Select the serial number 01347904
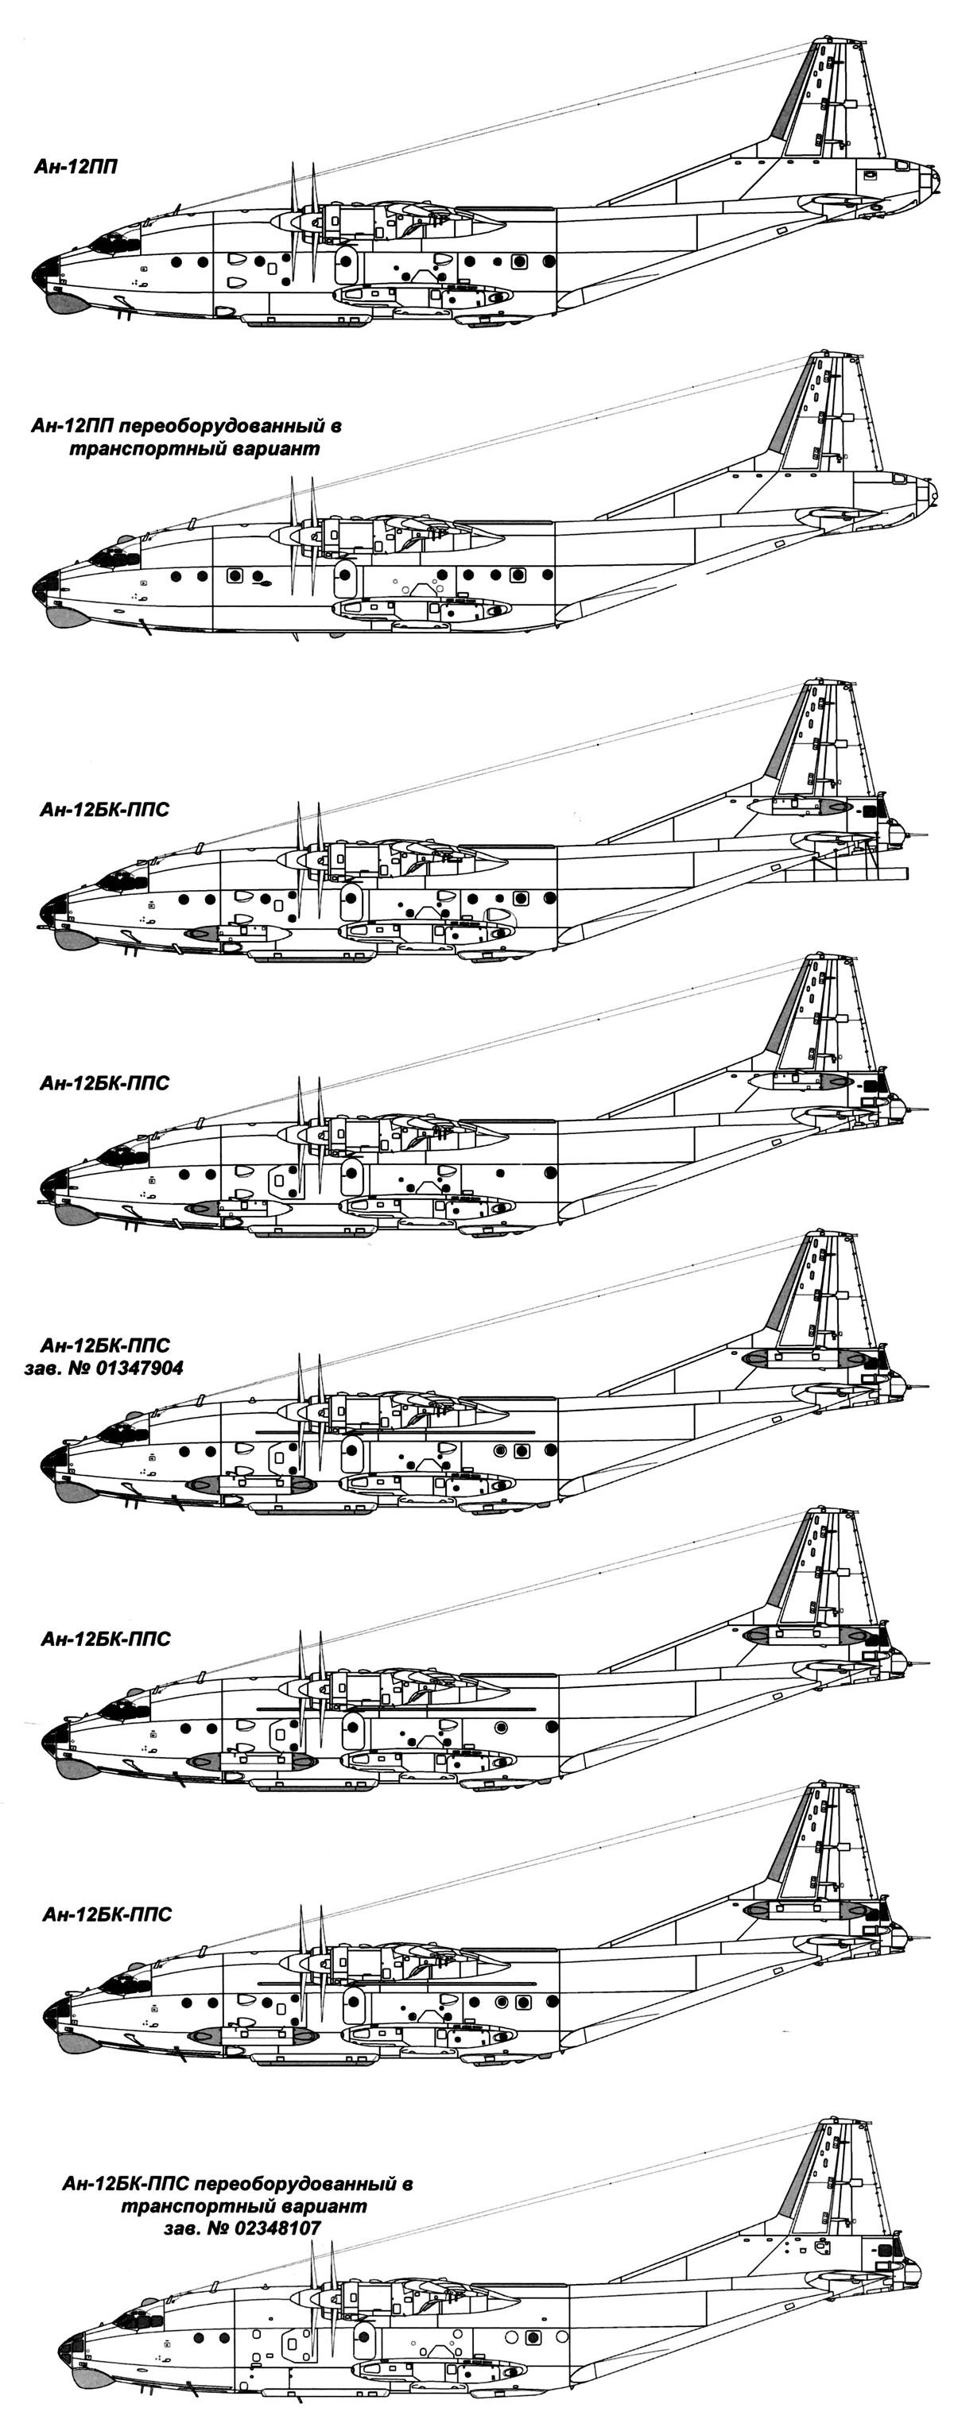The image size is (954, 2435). (x=134, y=1368)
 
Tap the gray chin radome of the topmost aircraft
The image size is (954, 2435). (x=64, y=303)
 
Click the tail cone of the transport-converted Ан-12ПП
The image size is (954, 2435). (x=930, y=494)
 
